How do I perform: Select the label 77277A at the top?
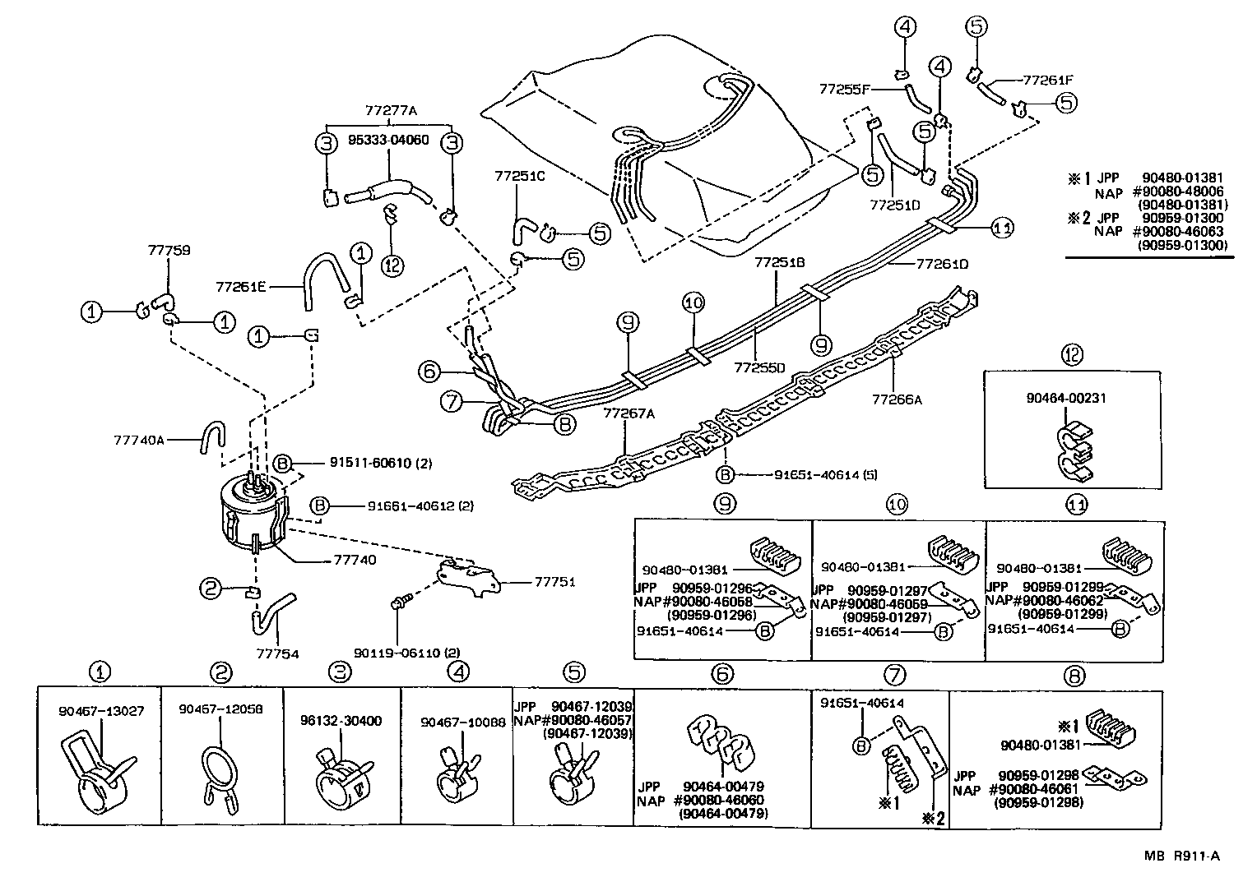(x=391, y=110)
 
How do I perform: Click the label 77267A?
(x=628, y=413)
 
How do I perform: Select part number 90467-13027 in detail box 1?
(x=101, y=711)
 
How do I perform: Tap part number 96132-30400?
(x=341, y=721)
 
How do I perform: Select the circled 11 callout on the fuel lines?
(x=1001, y=229)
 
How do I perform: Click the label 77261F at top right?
(x=1049, y=81)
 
